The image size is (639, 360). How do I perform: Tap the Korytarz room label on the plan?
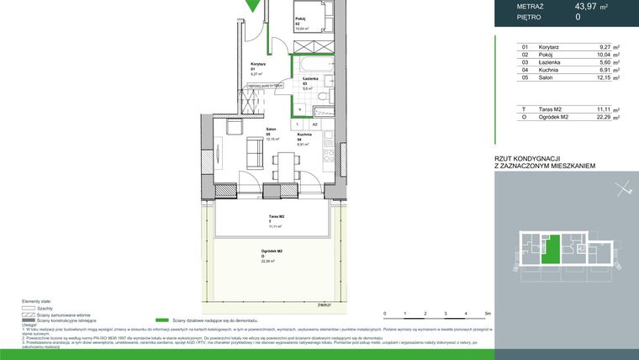[258, 64]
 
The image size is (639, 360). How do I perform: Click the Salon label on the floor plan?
[272, 130]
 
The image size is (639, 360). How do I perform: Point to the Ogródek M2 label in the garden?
[270, 251]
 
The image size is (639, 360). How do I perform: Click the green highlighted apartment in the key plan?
[550, 249]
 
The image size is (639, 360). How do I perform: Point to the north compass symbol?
[622, 190]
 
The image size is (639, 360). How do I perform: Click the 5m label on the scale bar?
[488, 314]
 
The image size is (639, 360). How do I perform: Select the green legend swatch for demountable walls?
[163, 320]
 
